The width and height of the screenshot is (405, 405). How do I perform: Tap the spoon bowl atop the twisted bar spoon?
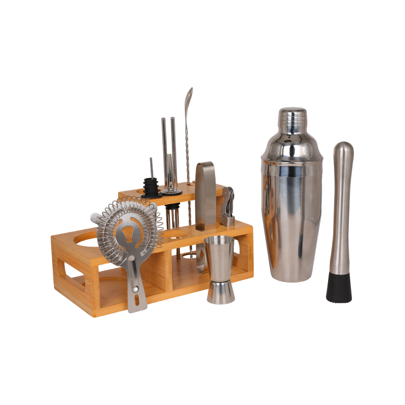click(x=189, y=96)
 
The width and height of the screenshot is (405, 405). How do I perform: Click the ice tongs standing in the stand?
click(x=206, y=195)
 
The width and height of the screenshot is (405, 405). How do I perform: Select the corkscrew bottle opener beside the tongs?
click(x=228, y=205)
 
